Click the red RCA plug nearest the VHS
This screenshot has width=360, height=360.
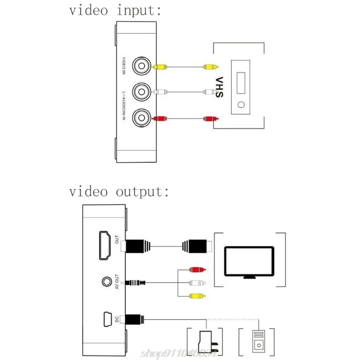[210, 119]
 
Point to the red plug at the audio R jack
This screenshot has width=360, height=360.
[160, 119]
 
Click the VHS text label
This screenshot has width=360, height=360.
[219, 88]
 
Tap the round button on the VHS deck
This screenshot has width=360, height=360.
[242, 106]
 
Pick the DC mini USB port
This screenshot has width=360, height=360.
[107, 319]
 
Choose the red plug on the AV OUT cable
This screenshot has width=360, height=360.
[197, 270]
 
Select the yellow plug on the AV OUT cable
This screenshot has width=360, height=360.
[197, 296]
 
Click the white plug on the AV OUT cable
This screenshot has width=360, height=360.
[197, 283]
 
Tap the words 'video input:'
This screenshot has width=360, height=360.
[115, 11]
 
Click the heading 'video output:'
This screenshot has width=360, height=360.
[119, 192]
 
